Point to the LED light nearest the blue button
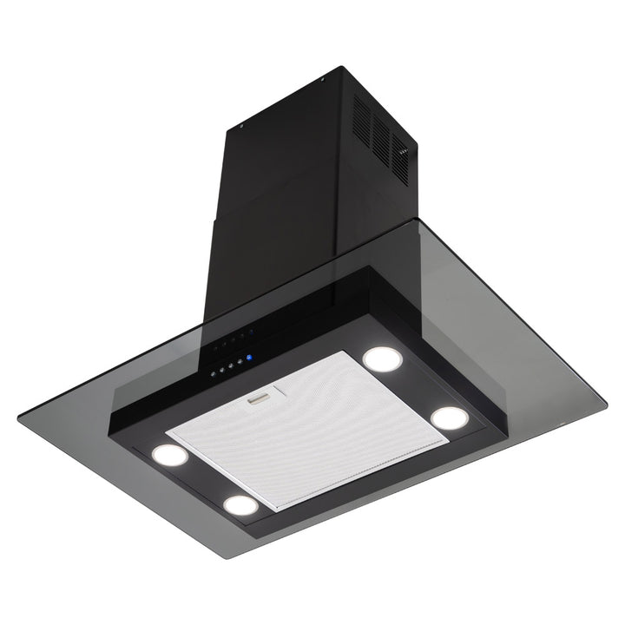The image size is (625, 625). tap(378, 356)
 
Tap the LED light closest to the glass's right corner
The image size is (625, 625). tap(449, 418)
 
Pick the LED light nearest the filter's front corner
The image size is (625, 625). tap(239, 503)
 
